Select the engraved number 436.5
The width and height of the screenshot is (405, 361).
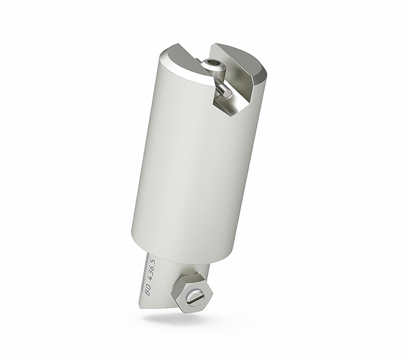click(152, 269)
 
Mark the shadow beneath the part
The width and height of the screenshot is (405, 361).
click(169, 316)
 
